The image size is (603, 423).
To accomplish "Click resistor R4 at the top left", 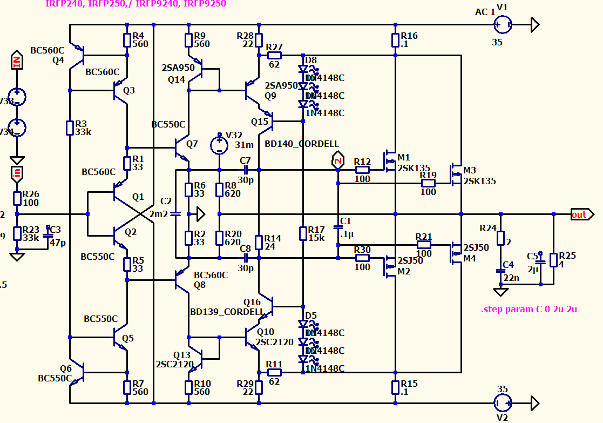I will [x=127, y=40].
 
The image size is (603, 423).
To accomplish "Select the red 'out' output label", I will [x=579, y=214].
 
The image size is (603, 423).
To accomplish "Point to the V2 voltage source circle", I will [x=503, y=402].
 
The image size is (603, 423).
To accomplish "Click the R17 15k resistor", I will [x=303, y=233].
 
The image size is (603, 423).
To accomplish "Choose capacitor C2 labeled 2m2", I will [x=175, y=214].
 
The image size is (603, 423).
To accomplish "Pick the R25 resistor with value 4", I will [x=553, y=260].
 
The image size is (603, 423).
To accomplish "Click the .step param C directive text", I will [x=529, y=310].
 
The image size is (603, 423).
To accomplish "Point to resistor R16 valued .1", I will [x=396, y=40].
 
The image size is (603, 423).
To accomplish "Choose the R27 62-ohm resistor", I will [x=274, y=55].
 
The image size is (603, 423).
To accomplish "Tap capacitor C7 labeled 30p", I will [x=245, y=170].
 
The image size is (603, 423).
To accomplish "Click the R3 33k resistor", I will [x=70, y=128].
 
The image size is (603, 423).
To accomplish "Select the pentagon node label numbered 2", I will [x=337, y=160].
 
